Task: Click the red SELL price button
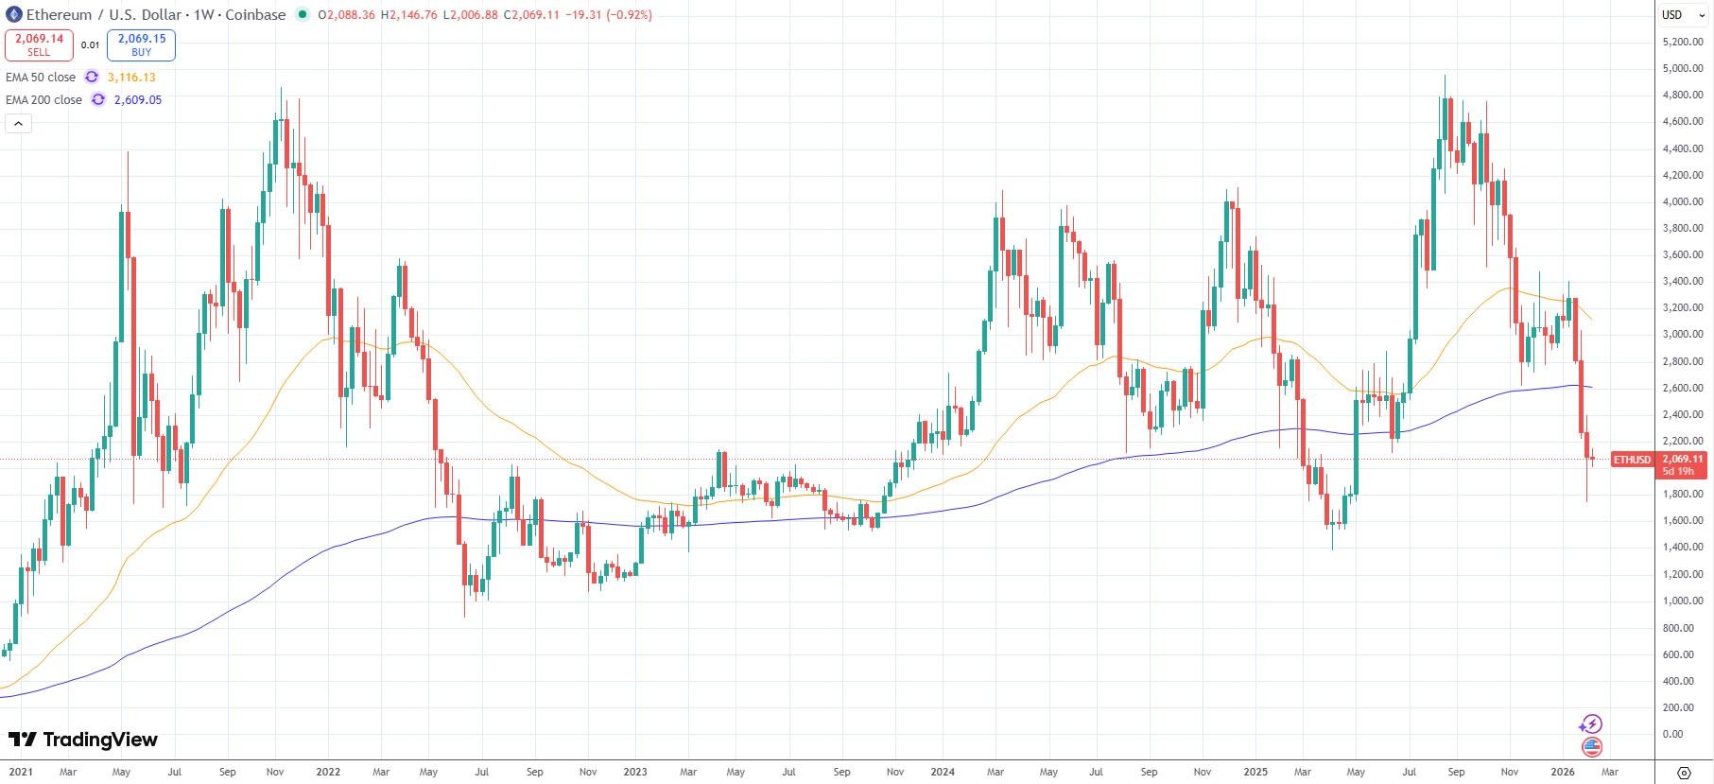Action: tap(39, 44)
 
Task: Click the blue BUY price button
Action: tap(141, 44)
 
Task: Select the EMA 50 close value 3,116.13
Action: tap(131, 78)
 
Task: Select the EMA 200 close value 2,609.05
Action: tap(137, 100)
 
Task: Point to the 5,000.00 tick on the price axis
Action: tap(1683, 69)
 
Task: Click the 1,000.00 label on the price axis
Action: tap(1683, 601)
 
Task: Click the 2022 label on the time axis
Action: tap(328, 772)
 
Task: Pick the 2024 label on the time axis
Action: tap(943, 772)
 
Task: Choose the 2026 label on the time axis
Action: tap(1563, 772)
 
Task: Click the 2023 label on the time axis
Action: tap(635, 772)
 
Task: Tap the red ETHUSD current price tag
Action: tap(1632, 460)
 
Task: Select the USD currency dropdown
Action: tap(1677, 14)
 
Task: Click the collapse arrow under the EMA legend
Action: tap(19, 123)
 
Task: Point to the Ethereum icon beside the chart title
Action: tap(14, 14)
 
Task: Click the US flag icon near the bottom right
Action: tap(1592, 747)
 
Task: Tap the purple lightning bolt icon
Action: tap(1591, 724)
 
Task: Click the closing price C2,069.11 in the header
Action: tap(533, 15)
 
